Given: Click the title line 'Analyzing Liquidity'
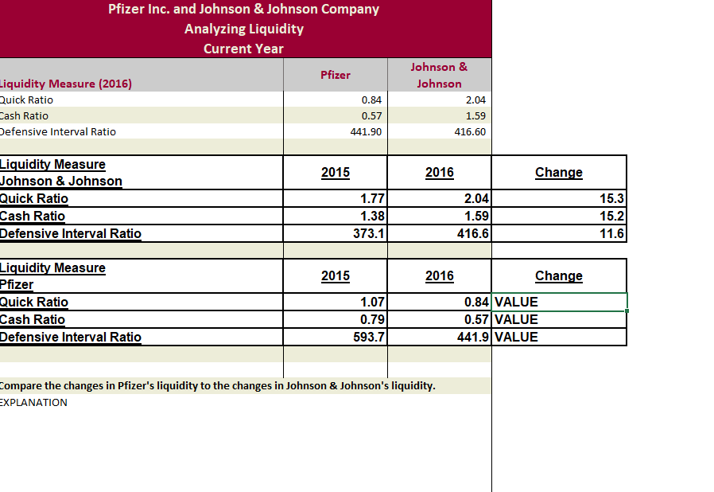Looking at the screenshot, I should (244, 29).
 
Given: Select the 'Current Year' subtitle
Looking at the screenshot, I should (244, 49).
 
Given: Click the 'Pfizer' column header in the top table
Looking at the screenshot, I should (335, 75).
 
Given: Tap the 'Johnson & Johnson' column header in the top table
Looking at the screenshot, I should (439, 75).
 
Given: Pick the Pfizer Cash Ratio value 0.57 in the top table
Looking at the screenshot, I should (371, 115).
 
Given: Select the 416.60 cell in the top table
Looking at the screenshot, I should (470, 131).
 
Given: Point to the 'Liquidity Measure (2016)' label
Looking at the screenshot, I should (66, 84).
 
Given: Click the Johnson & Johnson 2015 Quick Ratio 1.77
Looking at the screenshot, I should (372, 199).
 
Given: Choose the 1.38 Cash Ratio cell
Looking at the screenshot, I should (372, 217).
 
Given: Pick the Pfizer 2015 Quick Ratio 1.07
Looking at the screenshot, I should (372, 303).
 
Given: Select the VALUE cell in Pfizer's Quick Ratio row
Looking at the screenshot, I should (517, 303).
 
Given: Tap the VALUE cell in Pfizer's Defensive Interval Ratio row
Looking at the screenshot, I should (517, 338).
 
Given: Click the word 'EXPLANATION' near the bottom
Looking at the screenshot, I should (33, 402).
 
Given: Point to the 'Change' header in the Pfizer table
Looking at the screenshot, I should (558, 276).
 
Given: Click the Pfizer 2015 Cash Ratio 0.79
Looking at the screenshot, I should (372, 320).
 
